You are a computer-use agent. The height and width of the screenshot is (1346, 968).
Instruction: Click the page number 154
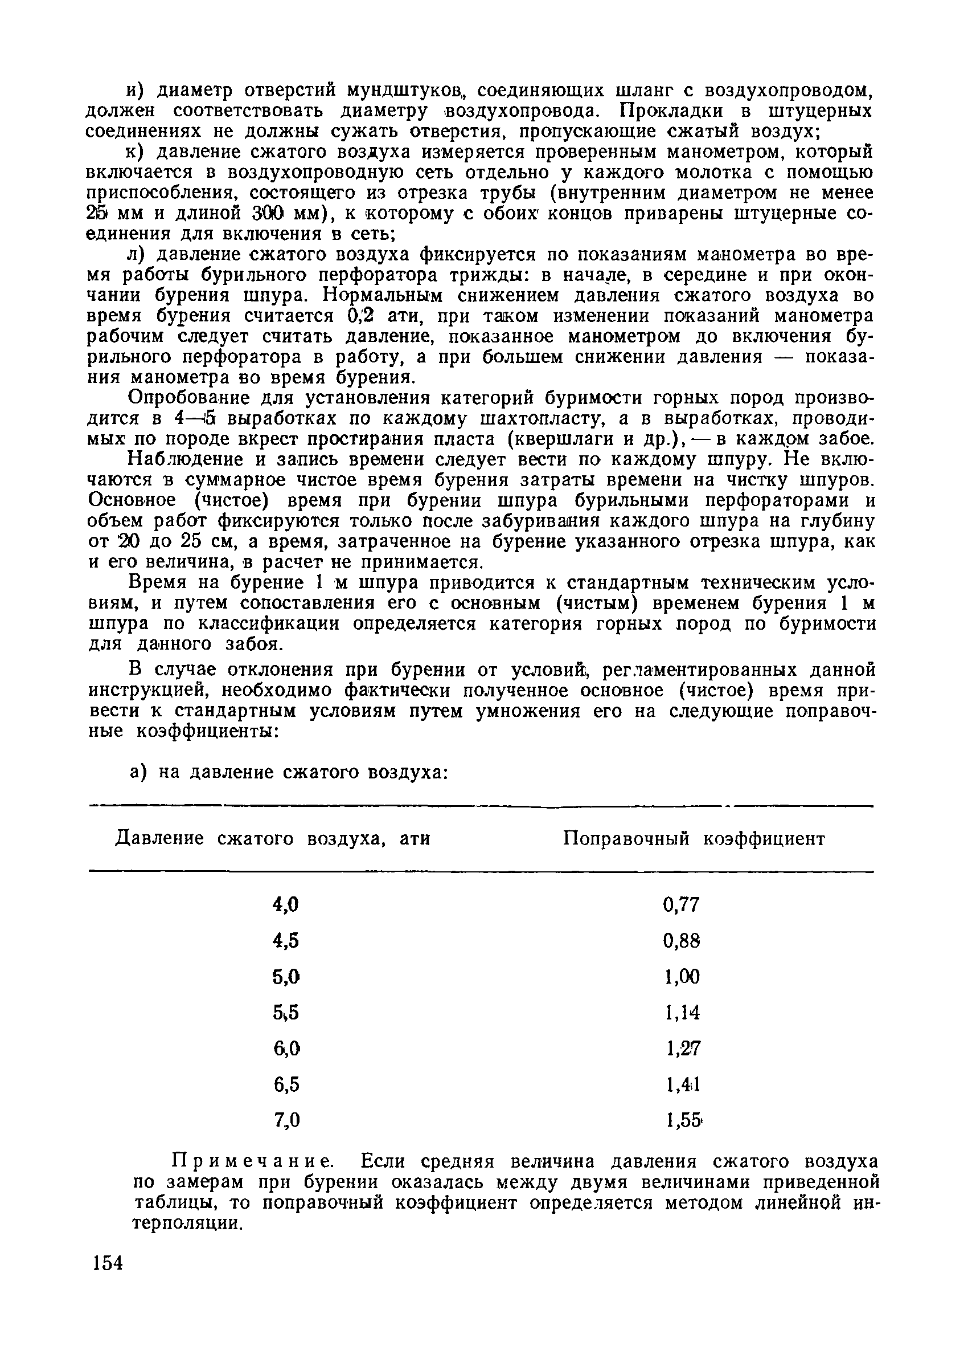pos(108,1279)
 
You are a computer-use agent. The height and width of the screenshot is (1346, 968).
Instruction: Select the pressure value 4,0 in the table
pos(285,905)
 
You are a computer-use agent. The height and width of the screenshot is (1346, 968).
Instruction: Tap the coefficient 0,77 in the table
pos(682,905)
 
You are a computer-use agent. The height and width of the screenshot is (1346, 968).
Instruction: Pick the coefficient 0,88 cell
pos(682,941)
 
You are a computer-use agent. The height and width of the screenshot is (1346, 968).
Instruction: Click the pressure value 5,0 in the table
pos(285,977)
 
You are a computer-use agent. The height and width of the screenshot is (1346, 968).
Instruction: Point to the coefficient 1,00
pos(682,977)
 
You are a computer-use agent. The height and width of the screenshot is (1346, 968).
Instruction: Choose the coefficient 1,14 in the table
pos(682,1013)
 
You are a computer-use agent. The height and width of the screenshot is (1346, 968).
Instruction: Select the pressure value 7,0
pos(286,1120)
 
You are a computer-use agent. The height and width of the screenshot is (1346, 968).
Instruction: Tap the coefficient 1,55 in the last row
pos(683,1120)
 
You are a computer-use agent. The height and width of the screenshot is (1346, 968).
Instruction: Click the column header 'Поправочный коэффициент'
pos(694,839)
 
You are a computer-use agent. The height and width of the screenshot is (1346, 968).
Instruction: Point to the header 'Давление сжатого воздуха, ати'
pos(272,839)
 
